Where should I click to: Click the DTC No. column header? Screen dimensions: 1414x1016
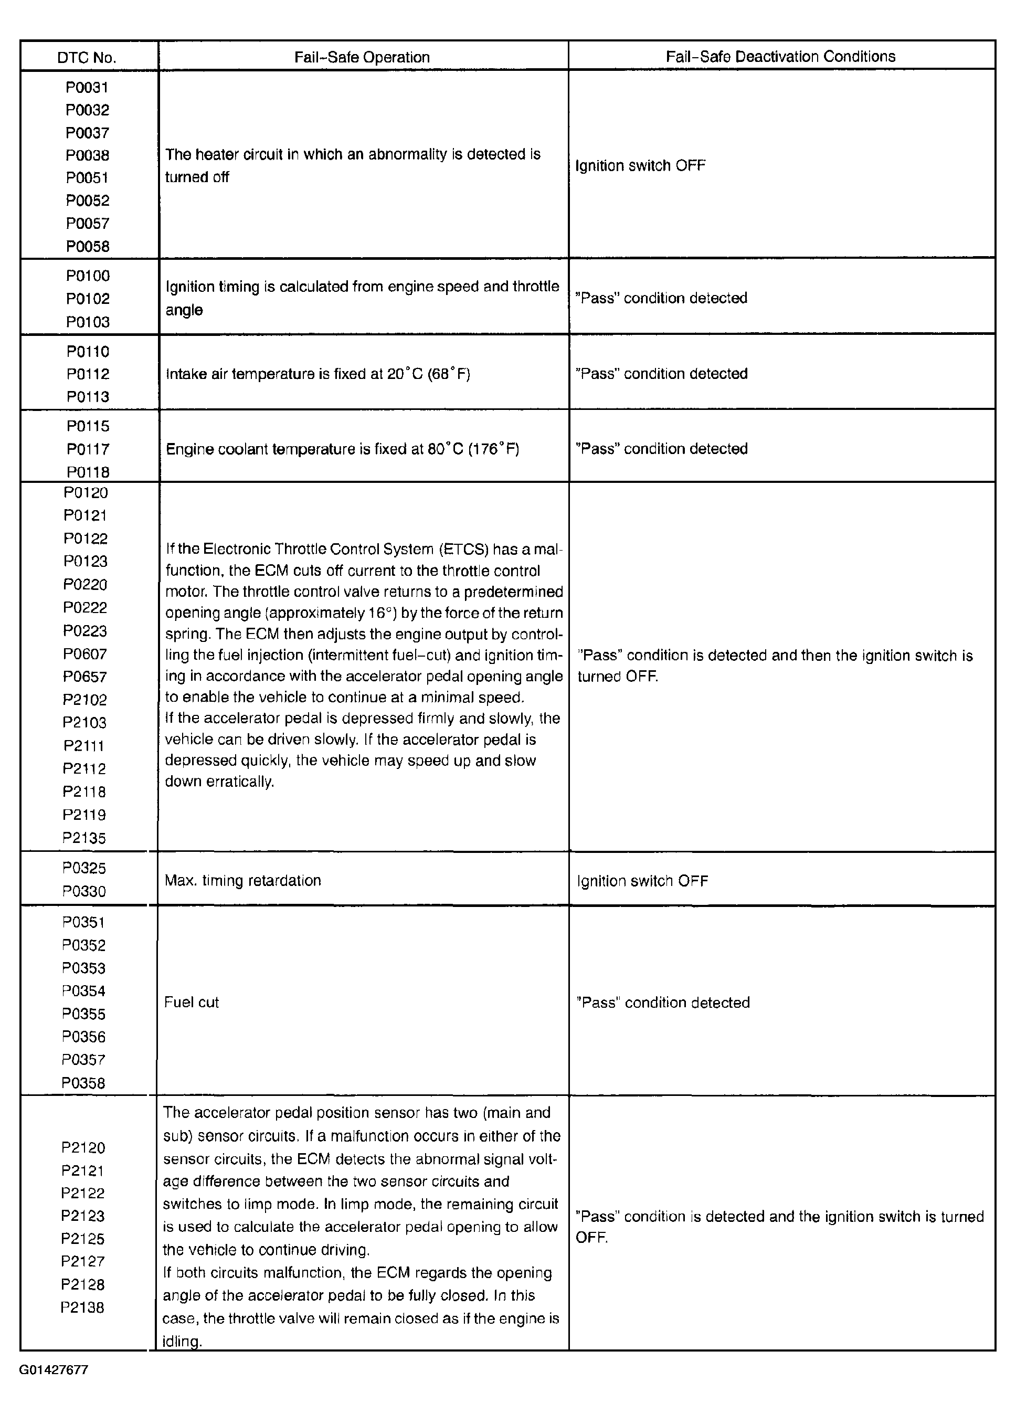click(87, 58)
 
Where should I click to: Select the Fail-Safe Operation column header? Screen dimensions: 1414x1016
click(362, 57)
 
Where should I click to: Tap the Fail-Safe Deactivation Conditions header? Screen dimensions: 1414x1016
click(780, 57)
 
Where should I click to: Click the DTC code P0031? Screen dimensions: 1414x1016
click(87, 87)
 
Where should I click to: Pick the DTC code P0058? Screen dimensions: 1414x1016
click(88, 246)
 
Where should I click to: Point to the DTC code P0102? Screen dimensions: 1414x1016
click(88, 299)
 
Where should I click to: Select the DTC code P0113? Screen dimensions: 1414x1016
click(88, 396)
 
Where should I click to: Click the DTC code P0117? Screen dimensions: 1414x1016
click(88, 449)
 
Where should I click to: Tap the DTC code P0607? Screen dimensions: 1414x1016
click(85, 654)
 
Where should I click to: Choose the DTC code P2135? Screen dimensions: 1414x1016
click(84, 838)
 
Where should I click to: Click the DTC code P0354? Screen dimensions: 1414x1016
click(83, 990)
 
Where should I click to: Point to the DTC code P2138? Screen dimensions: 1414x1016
click(82, 1307)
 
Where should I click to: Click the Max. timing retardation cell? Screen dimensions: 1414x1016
click(242, 880)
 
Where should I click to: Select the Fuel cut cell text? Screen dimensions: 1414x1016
click(192, 1002)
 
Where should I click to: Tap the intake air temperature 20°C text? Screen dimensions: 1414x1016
click(318, 374)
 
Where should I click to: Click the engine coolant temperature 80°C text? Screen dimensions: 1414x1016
click(342, 449)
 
